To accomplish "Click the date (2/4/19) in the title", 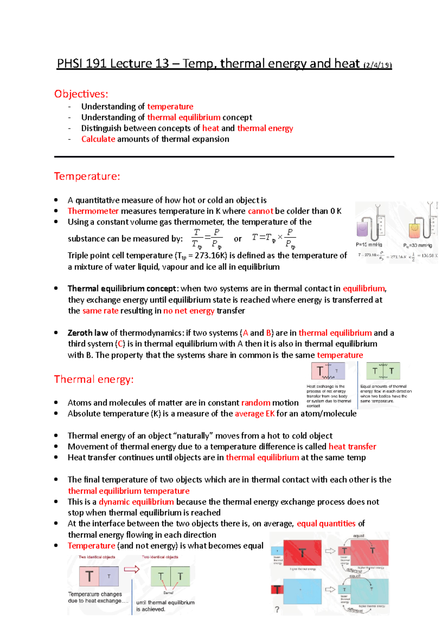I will [377, 65].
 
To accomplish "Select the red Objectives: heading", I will [81, 94].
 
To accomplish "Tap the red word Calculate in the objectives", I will [98, 139].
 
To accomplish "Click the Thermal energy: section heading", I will [94, 380].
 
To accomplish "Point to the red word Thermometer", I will [93, 211].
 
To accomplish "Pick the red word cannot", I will [260, 211].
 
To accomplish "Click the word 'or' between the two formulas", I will [238, 239].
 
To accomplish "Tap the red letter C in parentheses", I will [121, 344].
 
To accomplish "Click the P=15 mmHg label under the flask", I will [369, 245].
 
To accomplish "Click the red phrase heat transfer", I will [352, 447].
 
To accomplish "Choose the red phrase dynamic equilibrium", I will [136, 502].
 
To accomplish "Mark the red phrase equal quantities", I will [326, 524].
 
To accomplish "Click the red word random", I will [255, 403].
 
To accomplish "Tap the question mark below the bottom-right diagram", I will [277, 610].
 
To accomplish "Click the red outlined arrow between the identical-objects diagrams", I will [131, 569].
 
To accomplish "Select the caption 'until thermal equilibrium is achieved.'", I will [165, 606].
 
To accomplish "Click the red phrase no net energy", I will [189, 311].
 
